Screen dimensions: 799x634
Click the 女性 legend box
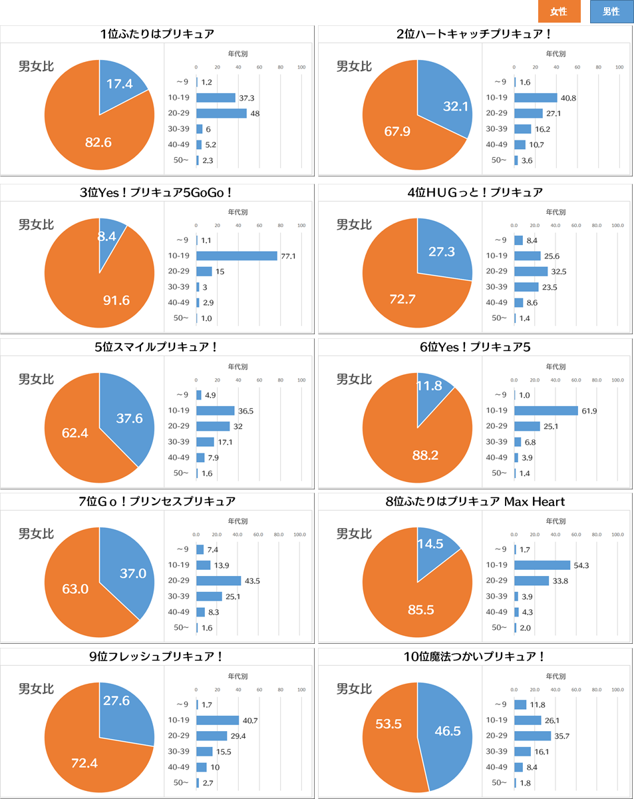[x=559, y=11]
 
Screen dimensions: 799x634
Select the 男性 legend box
[x=611, y=11]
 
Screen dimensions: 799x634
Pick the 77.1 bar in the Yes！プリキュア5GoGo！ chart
[x=236, y=256]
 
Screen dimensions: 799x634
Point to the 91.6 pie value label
[x=116, y=300]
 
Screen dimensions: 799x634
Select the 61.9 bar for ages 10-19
[x=546, y=410]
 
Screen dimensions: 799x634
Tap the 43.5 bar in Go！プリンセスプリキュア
[x=218, y=581]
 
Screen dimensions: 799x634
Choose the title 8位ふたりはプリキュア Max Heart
[x=475, y=501]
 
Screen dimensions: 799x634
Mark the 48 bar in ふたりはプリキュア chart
[x=221, y=113]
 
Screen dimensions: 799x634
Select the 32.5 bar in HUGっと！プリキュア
[x=531, y=272]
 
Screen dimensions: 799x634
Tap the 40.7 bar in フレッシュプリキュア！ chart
[x=217, y=720]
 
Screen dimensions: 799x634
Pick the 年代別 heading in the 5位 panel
[x=238, y=366]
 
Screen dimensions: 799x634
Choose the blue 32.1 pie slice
[x=449, y=107]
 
